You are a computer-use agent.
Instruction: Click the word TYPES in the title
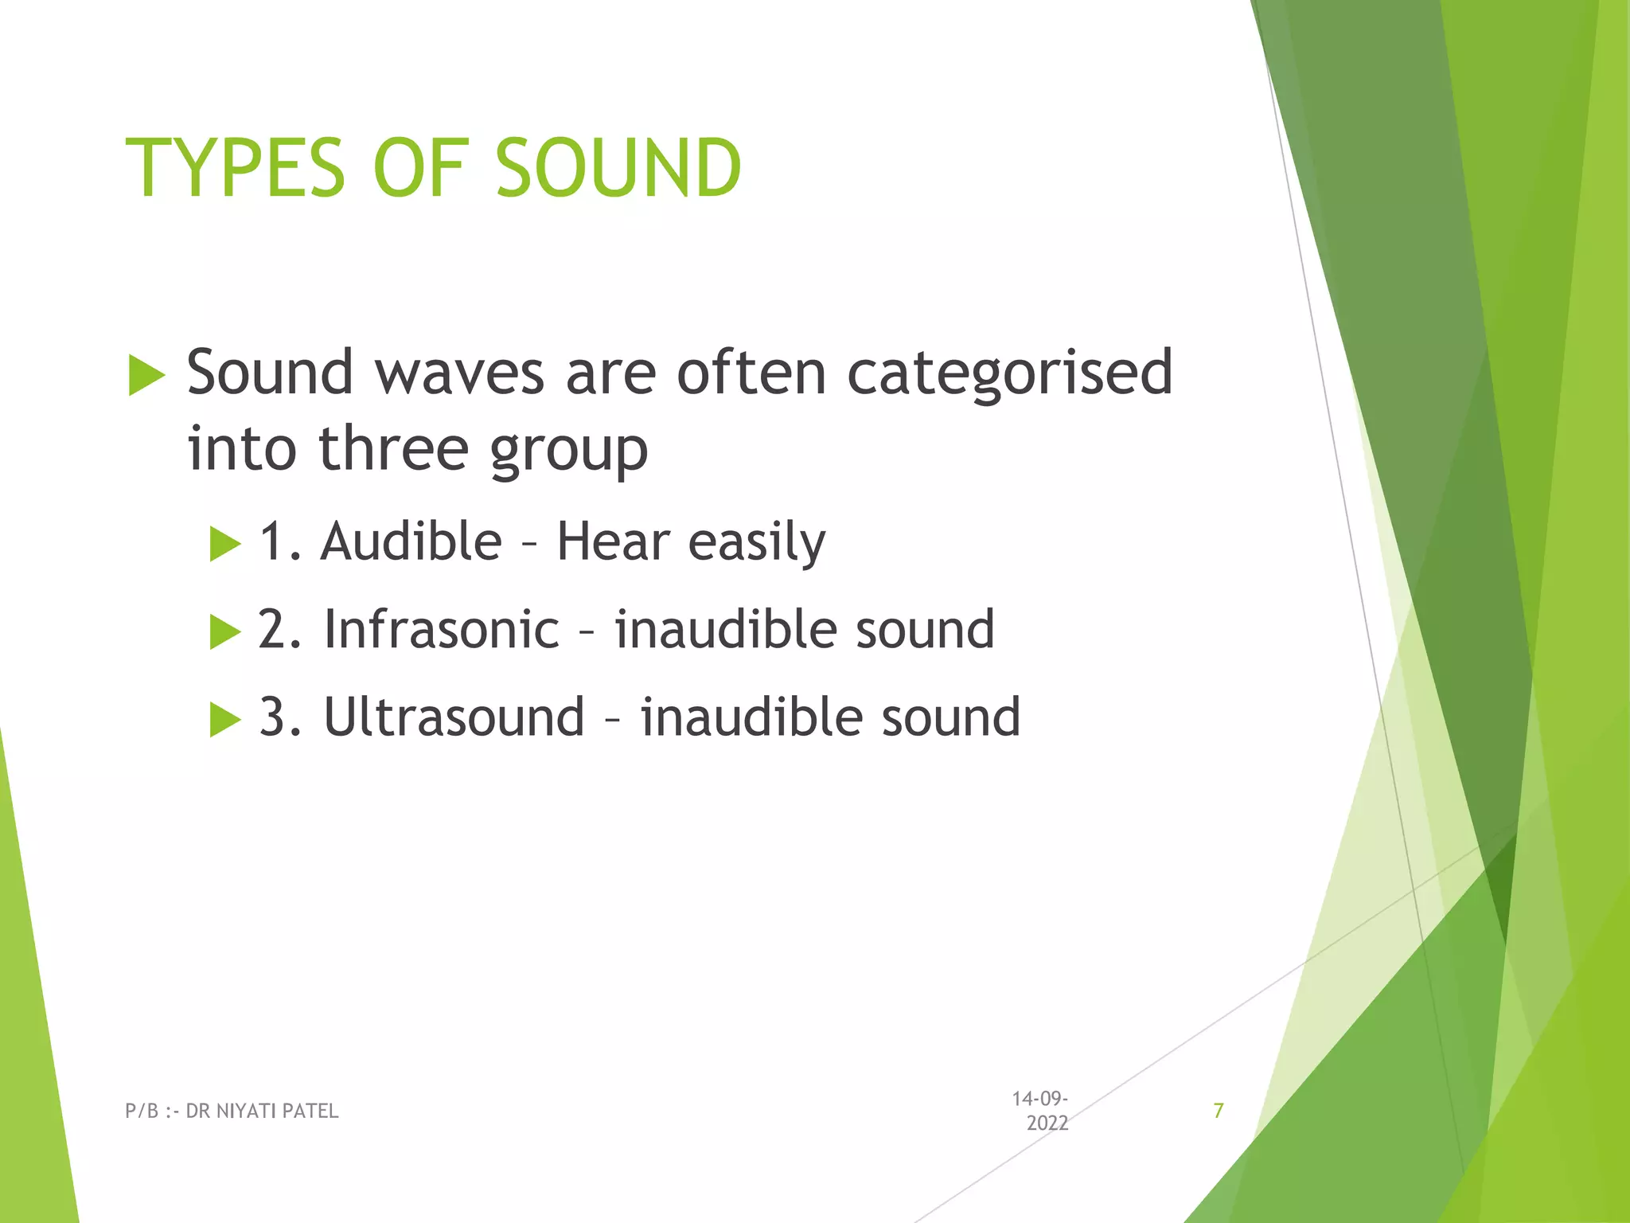point(236,168)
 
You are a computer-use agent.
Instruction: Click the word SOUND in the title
point(618,168)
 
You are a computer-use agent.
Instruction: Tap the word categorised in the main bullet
point(1009,373)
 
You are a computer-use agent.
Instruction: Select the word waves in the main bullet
point(459,373)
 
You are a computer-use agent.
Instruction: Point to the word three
point(394,448)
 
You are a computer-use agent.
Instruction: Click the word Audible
point(411,541)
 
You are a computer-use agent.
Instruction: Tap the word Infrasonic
point(442,629)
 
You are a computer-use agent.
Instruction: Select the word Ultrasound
point(454,717)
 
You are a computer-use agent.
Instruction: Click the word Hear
point(613,541)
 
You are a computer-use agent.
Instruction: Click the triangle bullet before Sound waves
point(146,376)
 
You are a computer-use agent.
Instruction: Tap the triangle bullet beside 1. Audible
point(224,545)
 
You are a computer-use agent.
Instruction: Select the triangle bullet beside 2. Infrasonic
point(224,632)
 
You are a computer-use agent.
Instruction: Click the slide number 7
point(1218,1111)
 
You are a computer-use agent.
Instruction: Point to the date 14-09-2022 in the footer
point(1041,1111)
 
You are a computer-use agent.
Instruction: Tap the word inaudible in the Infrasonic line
point(724,629)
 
